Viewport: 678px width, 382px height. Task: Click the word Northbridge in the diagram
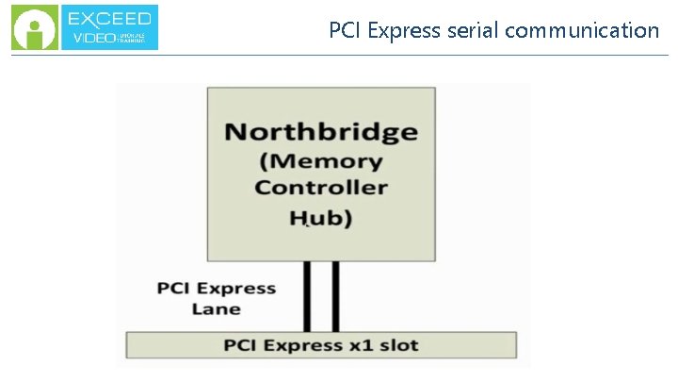point(320,131)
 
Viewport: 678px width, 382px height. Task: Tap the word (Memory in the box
point(320,161)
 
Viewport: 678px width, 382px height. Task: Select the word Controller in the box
point(320,187)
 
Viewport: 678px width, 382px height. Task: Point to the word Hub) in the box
point(320,219)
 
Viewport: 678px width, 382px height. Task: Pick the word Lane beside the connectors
point(217,308)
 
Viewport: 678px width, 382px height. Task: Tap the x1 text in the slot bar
point(358,344)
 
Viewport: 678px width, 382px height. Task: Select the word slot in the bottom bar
point(397,344)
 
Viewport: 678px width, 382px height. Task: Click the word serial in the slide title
point(472,30)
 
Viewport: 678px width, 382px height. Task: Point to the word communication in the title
point(582,30)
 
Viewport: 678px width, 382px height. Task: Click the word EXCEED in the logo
point(110,18)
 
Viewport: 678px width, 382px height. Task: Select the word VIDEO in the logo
point(93,40)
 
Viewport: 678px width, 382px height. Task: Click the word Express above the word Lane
point(237,289)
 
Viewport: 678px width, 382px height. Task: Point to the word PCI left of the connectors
point(174,289)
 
